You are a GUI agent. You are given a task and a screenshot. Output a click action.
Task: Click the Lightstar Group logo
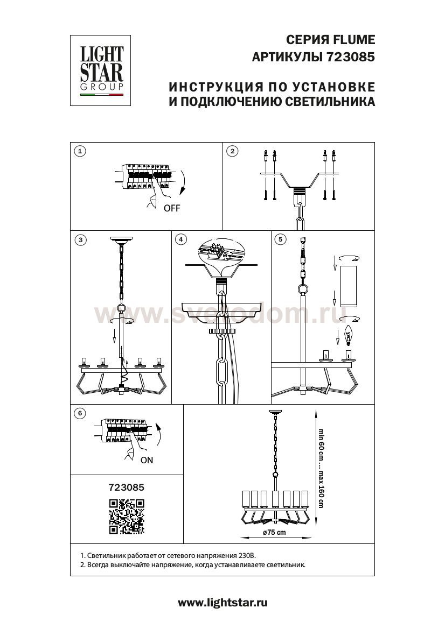[x=100, y=70]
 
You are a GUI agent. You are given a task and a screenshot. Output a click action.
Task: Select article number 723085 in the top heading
[x=349, y=57]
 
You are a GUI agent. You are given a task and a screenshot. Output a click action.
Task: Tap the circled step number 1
[x=80, y=151]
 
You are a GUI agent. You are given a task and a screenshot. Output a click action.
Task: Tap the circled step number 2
[x=232, y=151]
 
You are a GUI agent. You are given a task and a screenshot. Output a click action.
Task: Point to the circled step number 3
[x=81, y=240]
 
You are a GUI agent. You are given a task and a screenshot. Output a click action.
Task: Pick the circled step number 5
[x=280, y=239]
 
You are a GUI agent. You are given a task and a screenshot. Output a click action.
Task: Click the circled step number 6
[x=80, y=413]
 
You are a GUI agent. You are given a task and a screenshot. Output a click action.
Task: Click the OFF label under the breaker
[x=172, y=208]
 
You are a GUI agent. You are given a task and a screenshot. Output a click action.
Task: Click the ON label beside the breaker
[x=147, y=460]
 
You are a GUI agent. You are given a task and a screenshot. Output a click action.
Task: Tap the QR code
[x=127, y=517]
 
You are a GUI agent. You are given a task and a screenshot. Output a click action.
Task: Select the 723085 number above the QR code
[x=127, y=487]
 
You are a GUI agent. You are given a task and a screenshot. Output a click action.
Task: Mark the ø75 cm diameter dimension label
[x=275, y=532]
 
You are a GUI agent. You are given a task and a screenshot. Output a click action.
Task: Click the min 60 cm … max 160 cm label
[x=321, y=468]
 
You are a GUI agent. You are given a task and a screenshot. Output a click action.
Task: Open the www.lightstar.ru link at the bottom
[x=222, y=603]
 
